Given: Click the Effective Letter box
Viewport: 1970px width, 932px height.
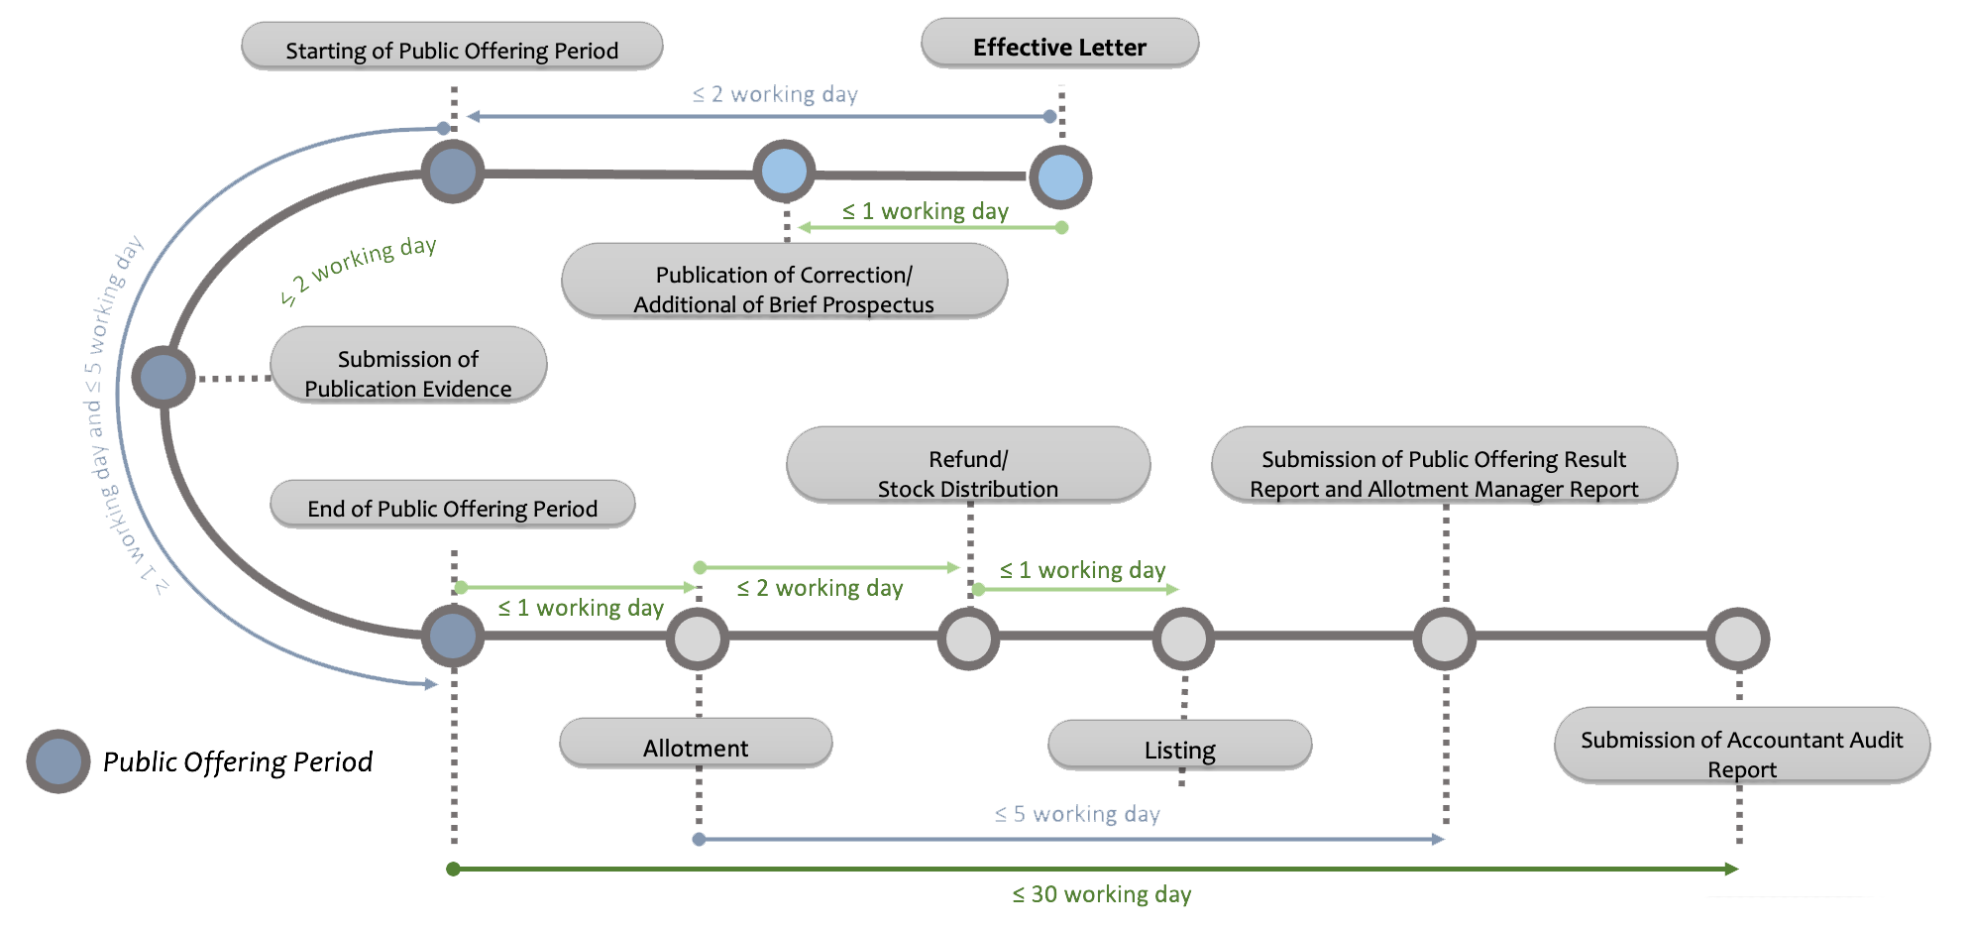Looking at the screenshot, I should coord(1059,46).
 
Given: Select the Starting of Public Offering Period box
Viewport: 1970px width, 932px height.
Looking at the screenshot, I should coord(452,49).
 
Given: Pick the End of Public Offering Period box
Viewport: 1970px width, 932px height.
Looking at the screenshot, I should coord(452,507).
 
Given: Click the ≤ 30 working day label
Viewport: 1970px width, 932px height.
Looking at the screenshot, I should coord(1101,893).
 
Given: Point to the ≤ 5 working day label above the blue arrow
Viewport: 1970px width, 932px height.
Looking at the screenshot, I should coord(1077,814).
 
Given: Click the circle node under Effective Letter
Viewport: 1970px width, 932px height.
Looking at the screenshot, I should coord(1060,177).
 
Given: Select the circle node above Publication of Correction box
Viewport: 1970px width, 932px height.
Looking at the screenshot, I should coord(784,172).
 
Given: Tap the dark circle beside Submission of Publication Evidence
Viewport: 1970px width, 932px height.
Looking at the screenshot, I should coord(164,377).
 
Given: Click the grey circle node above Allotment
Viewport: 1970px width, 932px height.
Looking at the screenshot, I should coord(698,639).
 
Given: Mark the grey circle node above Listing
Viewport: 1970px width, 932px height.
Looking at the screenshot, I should coord(1183,639).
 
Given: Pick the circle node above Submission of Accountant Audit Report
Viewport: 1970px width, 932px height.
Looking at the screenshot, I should coord(1738,639).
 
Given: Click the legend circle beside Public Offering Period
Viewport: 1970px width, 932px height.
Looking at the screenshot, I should coord(58,761).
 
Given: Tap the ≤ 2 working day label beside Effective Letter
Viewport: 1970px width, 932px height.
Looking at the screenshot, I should coord(775,94).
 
